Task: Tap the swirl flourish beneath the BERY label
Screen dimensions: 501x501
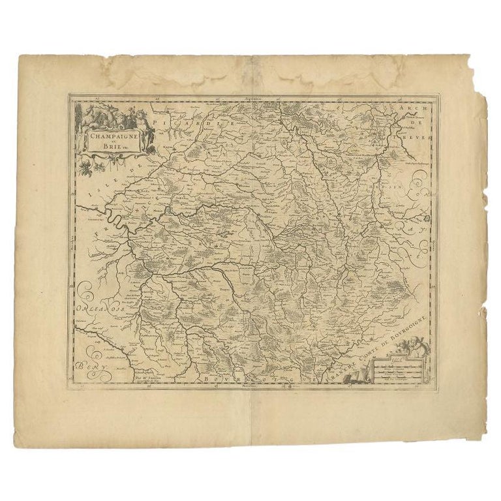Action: pyautogui.click(x=88, y=378)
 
